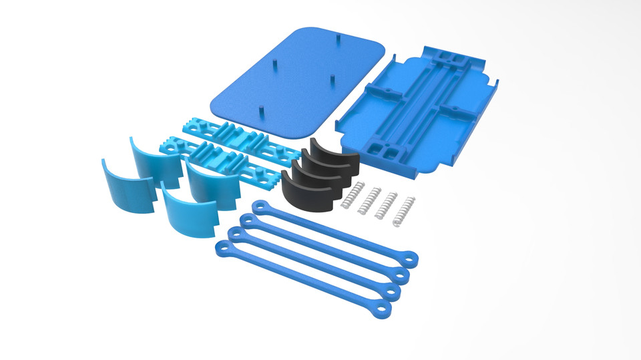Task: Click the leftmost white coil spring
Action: click(x=350, y=195)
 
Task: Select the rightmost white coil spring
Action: click(x=404, y=210)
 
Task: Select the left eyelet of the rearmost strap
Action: click(x=260, y=204)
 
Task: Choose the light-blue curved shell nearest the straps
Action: click(x=189, y=214)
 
